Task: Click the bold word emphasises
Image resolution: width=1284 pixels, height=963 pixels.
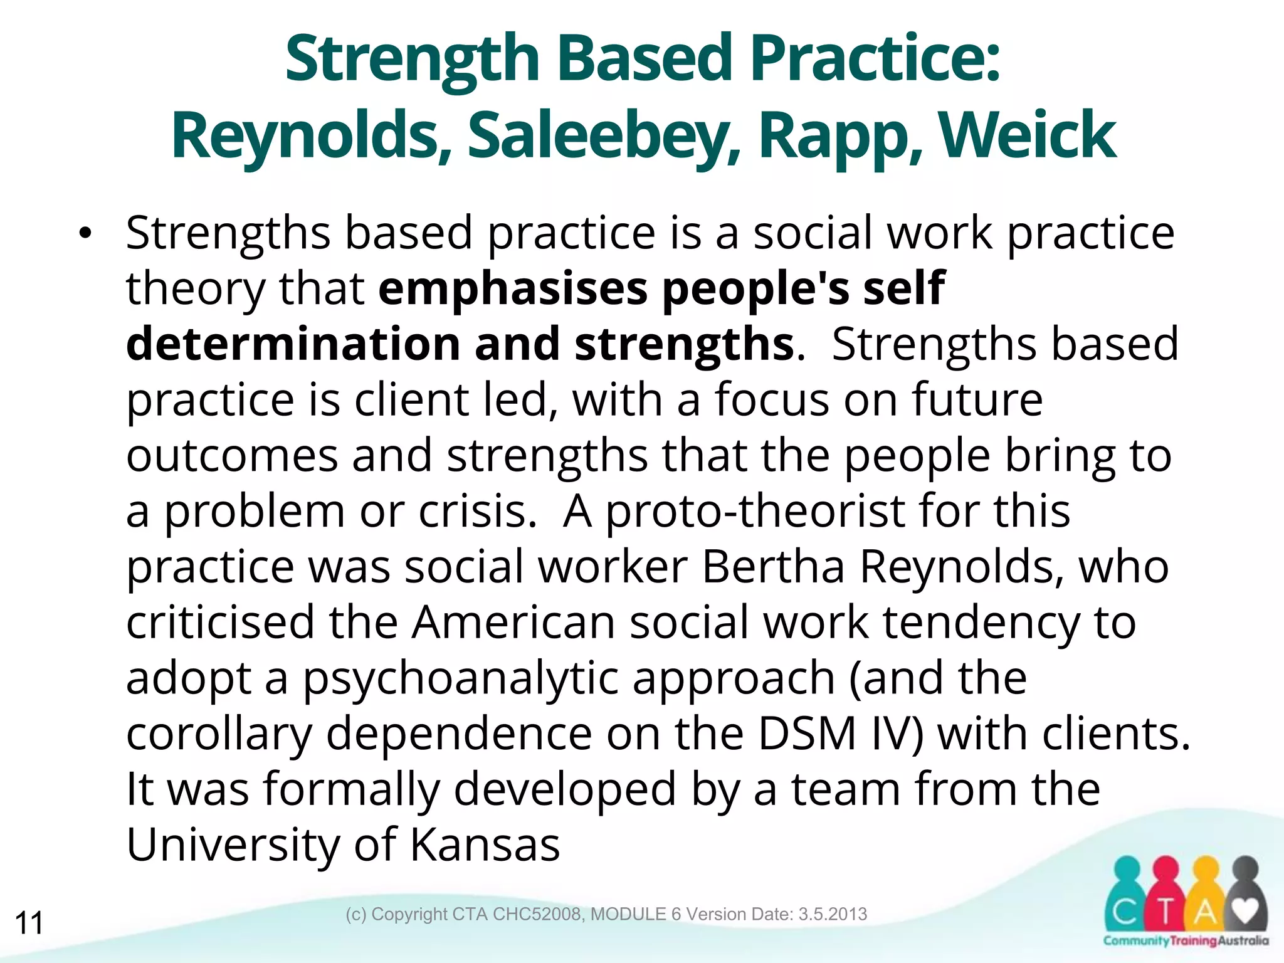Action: point(513,288)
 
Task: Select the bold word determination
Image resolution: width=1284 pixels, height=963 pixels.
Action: point(293,344)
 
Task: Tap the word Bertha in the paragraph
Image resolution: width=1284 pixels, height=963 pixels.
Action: point(773,567)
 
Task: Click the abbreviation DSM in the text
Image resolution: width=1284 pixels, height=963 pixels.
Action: point(807,734)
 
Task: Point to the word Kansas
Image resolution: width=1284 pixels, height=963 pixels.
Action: point(485,845)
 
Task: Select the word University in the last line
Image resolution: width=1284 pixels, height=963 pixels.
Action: point(233,845)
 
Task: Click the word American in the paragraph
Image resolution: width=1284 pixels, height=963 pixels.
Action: point(513,623)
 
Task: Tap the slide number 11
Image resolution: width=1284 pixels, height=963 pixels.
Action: point(29,923)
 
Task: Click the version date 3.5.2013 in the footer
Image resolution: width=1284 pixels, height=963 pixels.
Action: point(833,914)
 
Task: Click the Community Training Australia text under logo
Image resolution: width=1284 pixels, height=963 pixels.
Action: point(1186,940)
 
